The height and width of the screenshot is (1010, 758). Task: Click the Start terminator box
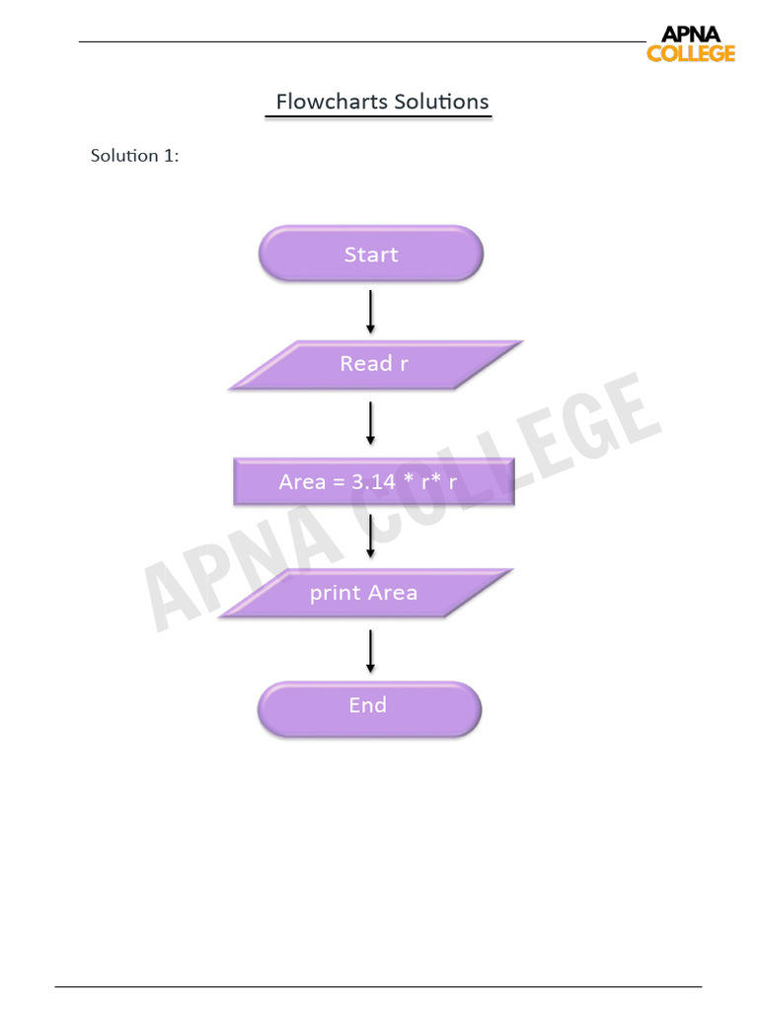tap(371, 253)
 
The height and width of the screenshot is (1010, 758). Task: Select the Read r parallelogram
tap(375, 364)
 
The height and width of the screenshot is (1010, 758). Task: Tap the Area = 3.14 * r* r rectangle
tap(373, 482)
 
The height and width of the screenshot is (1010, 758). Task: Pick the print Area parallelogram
tap(364, 593)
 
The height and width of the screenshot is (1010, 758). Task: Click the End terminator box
tap(369, 706)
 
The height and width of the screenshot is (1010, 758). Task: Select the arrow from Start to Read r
tap(370, 311)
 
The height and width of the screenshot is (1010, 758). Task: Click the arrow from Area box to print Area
tap(370, 536)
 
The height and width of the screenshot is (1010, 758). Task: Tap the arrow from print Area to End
tap(370, 650)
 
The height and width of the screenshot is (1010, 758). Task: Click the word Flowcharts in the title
tap(331, 102)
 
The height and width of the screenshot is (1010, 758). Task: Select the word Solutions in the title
tap(441, 102)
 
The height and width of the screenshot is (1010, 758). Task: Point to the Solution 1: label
tap(135, 156)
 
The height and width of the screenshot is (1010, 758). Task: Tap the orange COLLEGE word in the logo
tap(691, 53)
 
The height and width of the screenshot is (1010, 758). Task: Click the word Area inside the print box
tap(392, 593)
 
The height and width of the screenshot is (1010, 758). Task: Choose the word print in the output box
tap(335, 594)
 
